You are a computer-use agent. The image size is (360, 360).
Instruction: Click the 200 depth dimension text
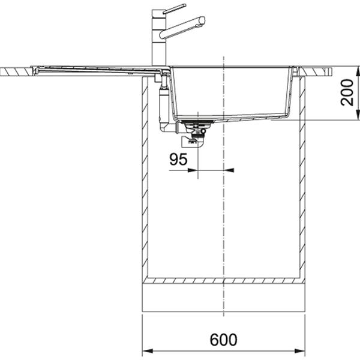coord(347,92)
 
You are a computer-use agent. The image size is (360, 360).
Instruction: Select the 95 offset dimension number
coord(178,160)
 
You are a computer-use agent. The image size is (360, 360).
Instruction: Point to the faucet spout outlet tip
coord(202,23)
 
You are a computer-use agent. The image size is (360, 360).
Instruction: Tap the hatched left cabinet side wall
coord(145,180)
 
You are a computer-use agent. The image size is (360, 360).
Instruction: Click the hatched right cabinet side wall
coord(302,180)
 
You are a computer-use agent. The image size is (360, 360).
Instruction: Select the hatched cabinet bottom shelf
coord(223,280)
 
